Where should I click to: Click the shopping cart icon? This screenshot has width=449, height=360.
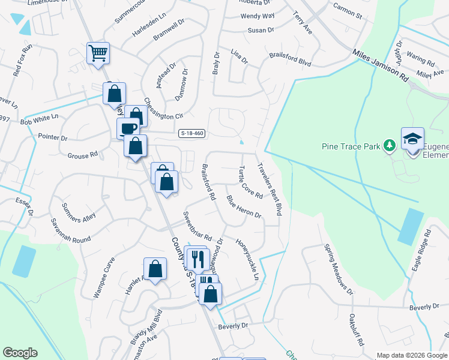pos(97,53)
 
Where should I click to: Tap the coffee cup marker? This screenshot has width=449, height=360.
pos(128,128)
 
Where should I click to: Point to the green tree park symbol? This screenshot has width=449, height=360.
pos(389,145)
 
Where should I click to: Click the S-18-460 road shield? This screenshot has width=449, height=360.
pos(191,134)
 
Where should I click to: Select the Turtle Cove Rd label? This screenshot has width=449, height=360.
pos(251,182)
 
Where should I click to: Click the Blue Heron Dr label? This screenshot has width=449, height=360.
pos(244,206)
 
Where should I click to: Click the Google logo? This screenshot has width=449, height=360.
pos(20,353)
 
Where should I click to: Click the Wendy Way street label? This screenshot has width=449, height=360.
pos(258,16)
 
